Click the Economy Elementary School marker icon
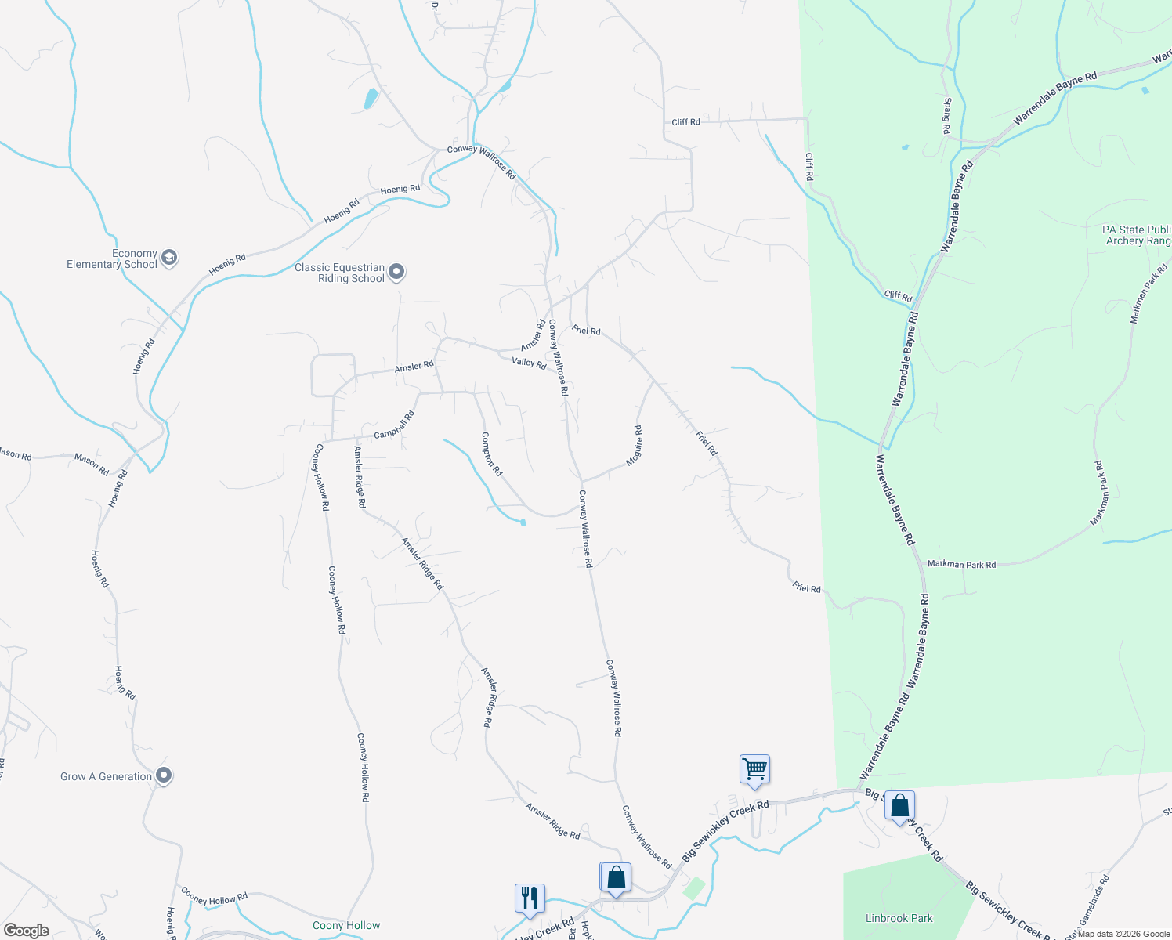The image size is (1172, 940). (168, 258)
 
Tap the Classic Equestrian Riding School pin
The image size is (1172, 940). (396, 272)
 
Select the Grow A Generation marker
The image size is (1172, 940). (163, 775)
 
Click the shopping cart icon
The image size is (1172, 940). (754, 769)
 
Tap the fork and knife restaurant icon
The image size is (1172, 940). (530, 898)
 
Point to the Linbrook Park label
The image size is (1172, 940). (899, 918)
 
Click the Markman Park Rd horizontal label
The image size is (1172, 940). (961, 564)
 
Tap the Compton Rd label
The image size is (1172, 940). (491, 454)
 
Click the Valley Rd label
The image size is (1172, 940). (529, 362)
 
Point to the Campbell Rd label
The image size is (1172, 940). (393, 425)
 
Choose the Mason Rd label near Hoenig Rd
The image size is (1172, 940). (92, 463)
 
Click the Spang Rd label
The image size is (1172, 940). (947, 116)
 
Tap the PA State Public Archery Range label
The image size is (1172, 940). (1136, 235)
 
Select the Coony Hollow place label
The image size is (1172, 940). (346, 925)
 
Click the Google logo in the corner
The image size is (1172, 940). (27, 931)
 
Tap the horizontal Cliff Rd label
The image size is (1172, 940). (685, 122)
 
